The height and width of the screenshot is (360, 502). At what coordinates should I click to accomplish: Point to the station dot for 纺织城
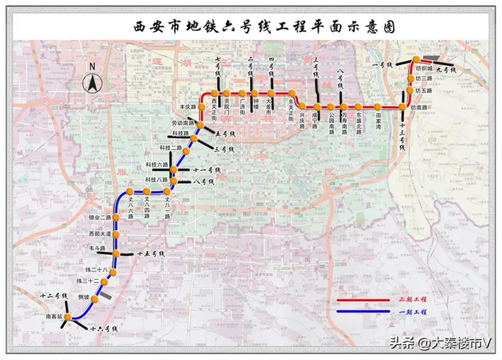point(417,60)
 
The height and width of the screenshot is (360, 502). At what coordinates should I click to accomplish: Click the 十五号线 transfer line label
point(150,254)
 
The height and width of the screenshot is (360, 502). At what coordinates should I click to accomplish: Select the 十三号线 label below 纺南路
point(402,135)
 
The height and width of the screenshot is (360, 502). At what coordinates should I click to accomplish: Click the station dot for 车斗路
point(115,253)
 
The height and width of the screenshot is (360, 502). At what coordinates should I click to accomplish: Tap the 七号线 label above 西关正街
point(218,66)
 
